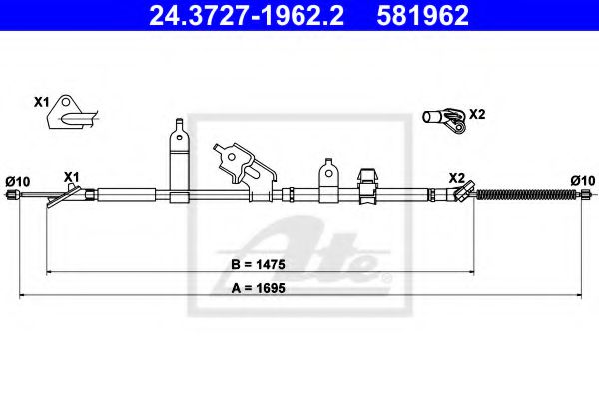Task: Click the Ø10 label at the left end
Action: (x=17, y=180)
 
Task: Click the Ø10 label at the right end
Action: (x=582, y=180)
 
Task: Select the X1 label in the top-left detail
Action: (x=41, y=102)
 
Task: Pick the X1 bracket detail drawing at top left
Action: (x=70, y=114)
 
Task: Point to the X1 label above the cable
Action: (x=71, y=177)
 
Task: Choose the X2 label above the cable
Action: (x=456, y=177)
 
